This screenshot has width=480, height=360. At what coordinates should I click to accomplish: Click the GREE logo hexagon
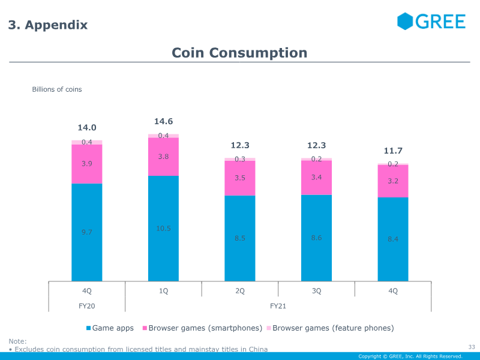point(405,22)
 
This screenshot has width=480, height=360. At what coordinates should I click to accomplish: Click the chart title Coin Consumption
point(239,53)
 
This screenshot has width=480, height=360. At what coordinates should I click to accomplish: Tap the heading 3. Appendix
point(48,25)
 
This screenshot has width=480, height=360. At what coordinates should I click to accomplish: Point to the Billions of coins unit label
point(57,89)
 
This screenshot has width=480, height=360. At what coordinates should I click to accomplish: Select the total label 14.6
point(163,122)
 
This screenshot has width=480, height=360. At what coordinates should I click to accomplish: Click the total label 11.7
point(393,151)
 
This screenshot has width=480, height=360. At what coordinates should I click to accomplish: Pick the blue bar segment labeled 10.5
point(163,229)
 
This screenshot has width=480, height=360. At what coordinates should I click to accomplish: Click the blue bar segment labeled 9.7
point(87,232)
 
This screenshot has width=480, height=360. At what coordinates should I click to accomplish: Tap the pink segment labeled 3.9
point(87,164)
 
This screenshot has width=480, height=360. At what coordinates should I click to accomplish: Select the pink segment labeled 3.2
point(393,181)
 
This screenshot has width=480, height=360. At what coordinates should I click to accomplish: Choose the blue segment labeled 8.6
point(317,238)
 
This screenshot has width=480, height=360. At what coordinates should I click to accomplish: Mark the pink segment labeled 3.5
point(240,178)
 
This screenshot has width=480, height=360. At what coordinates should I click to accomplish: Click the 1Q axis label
point(163,291)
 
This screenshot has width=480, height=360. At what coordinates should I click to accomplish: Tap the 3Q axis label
point(317,291)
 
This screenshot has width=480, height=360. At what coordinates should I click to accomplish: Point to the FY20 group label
point(87,306)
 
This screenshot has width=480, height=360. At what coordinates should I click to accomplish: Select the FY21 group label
point(278,306)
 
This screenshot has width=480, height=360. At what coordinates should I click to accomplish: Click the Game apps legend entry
point(110,328)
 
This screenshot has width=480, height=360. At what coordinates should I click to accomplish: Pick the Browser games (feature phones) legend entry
point(331,328)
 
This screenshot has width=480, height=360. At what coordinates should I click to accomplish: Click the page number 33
point(472,347)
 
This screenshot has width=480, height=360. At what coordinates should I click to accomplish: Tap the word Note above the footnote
point(17,341)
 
